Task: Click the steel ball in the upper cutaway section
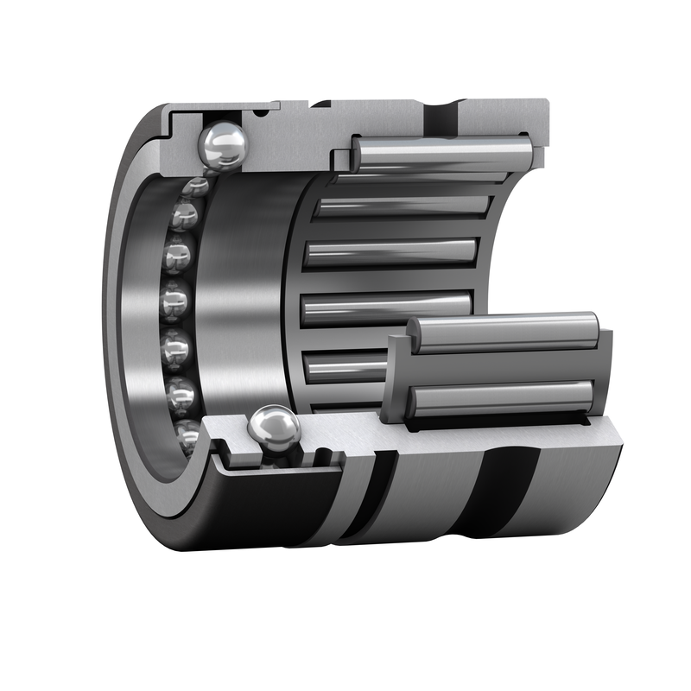click(x=222, y=144)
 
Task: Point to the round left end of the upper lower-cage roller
click(x=414, y=333)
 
